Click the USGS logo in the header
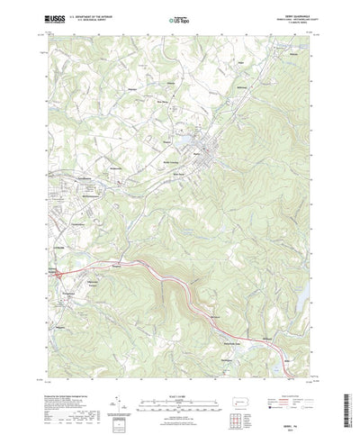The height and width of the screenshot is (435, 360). tap(52, 18)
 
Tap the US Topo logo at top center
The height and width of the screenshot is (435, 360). tap(179, 18)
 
